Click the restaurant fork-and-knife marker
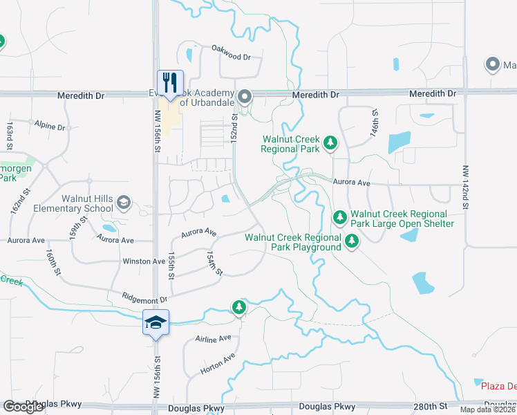(x=169, y=80)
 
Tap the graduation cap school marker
(x=156, y=322)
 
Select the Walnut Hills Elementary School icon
(x=124, y=203)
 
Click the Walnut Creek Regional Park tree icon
(x=331, y=142)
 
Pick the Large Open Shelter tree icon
(x=340, y=217)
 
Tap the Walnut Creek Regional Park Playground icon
(x=352, y=241)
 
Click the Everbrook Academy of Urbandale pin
(x=244, y=96)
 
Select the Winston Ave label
(x=144, y=261)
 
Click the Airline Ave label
(x=212, y=339)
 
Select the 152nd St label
(x=235, y=129)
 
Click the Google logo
(x=23, y=407)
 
